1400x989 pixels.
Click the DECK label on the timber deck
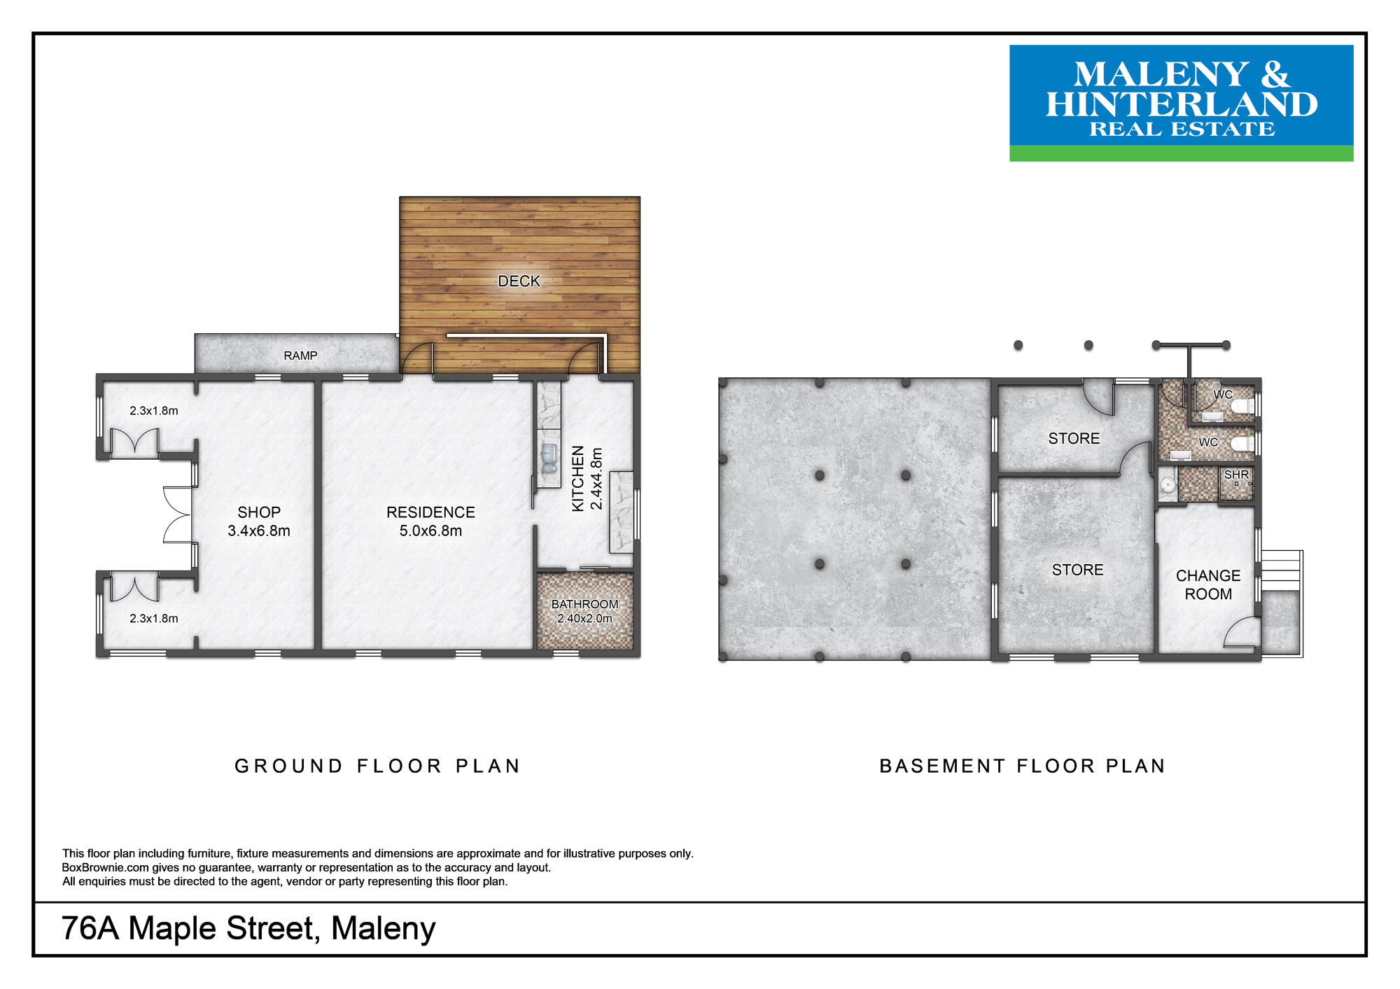click(519, 281)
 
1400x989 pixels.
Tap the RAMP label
click(300, 356)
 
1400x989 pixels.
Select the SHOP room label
click(259, 512)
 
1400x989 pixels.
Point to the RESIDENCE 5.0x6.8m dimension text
click(430, 531)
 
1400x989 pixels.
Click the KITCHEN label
click(578, 479)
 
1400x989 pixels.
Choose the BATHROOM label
click(584, 604)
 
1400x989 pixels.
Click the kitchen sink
click(549, 456)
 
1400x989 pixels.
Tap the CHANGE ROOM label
click(1208, 584)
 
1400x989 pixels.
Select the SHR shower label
click(1236, 475)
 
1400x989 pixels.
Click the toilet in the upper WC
click(1242, 407)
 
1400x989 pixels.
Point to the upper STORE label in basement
click(1074, 439)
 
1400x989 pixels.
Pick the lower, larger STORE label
click(1077, 570)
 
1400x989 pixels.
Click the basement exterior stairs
click(1281, 570)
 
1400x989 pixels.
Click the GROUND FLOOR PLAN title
click(377, 766)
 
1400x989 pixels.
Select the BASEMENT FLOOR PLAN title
click(1022, 766)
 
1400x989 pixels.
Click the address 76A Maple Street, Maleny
click(248, 929)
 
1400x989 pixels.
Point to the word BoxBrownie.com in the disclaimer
click(105, 868)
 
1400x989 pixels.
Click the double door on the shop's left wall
click(177, 515)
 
